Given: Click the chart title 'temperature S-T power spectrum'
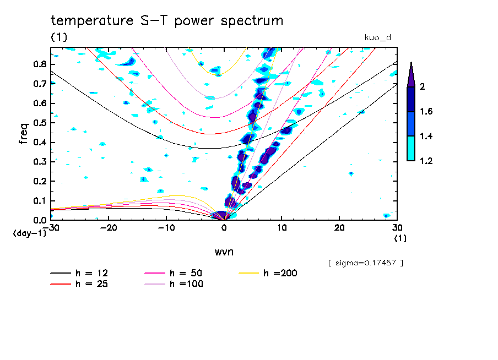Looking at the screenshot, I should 167,21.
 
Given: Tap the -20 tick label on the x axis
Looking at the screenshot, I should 109,228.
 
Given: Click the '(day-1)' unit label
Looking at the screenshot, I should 30,233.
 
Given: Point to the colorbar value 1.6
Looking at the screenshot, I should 426,112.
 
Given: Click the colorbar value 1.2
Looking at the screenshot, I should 426,161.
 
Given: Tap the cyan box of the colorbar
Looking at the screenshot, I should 410,149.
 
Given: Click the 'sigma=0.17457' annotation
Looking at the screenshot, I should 365,263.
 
